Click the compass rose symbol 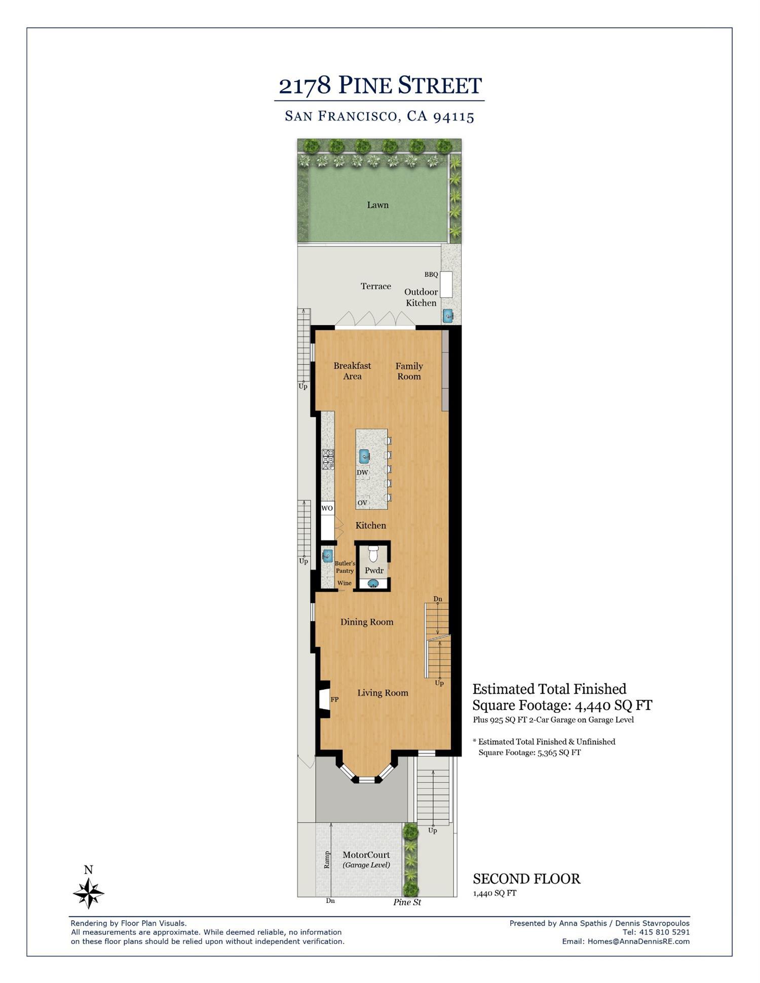[89, 893]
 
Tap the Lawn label [377, 205]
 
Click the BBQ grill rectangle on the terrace [446, 284]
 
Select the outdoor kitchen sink [448, 316]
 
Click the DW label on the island [362, 473]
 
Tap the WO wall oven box [327, 508]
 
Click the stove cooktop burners [328, 460]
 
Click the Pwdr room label [374, 571]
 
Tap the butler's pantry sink [328, 555]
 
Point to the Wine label [345, 583]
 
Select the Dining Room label [367, 622]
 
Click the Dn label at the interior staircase [438, 599]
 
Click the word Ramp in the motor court [327, 859]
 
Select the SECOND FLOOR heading [526, 879]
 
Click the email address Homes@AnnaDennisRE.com [638, 941]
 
